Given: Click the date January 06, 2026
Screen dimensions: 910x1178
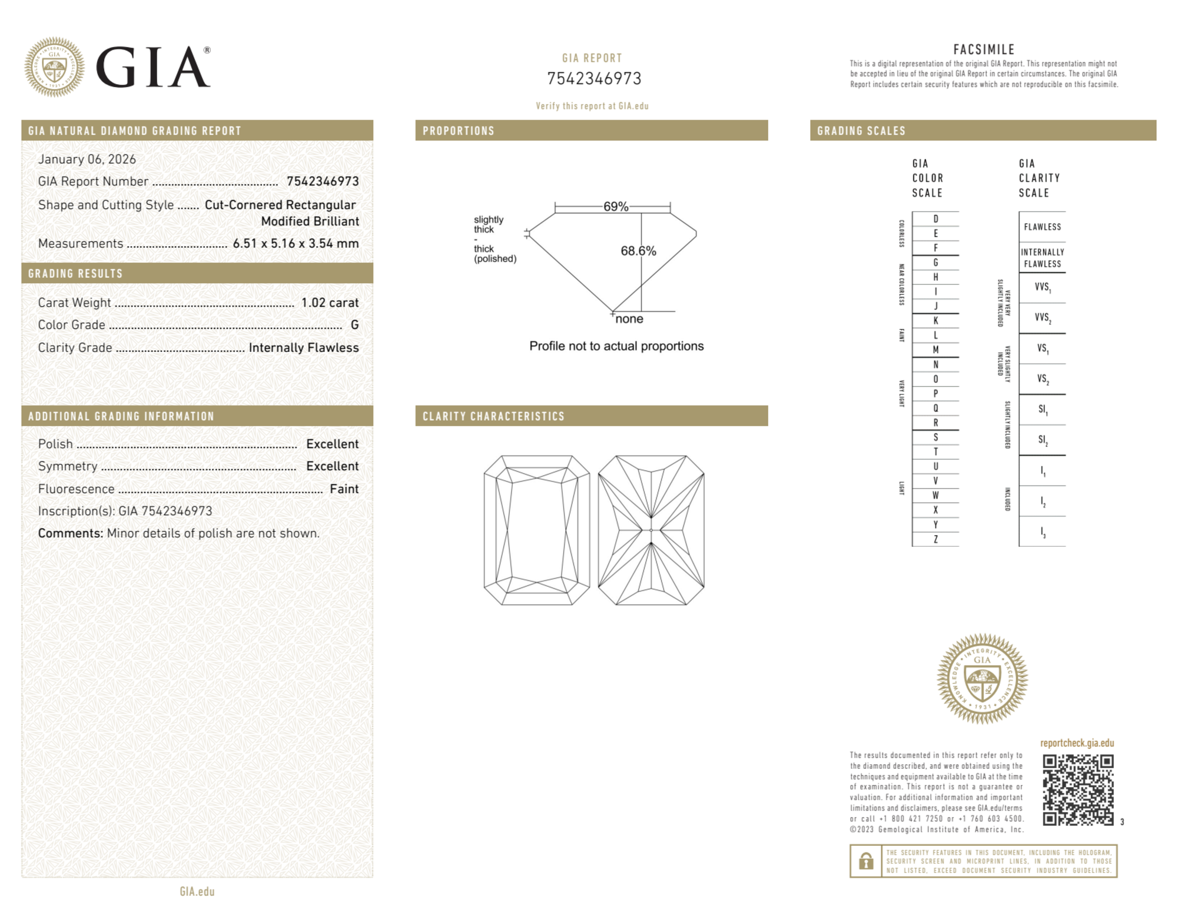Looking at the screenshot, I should (87, 159).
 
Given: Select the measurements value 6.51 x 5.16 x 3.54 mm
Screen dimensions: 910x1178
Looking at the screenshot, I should (296, 243).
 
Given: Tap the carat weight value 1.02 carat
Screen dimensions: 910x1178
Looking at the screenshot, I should (330, 303).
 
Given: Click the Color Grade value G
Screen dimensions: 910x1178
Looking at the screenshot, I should (354, 325).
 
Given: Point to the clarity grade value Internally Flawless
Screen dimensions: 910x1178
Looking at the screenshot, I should (303, 348).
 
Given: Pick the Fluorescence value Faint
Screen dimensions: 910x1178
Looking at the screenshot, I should (344, 489).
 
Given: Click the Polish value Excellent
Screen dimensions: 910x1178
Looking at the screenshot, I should (332, 444).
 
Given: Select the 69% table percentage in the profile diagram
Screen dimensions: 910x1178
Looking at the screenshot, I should (615, 207).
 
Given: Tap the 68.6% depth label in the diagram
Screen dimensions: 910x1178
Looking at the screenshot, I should (638, 251).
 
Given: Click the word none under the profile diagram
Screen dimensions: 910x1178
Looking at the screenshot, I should (629, 319).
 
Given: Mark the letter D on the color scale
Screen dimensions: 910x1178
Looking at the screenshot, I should (935, 219).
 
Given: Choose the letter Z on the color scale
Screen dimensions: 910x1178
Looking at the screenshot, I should (935, 539).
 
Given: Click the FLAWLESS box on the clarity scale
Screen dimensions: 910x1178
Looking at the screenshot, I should (1042, 227).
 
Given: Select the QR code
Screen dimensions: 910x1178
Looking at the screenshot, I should (1078, 790).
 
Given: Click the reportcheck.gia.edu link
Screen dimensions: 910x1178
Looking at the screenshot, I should (1077, 743).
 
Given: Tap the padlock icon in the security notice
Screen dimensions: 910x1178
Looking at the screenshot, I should (865, 861).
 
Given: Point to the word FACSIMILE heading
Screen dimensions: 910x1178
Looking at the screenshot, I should (984, 50).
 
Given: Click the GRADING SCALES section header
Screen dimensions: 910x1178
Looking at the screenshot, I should (861, 131).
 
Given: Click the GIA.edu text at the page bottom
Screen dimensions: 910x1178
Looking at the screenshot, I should (197, 891).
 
